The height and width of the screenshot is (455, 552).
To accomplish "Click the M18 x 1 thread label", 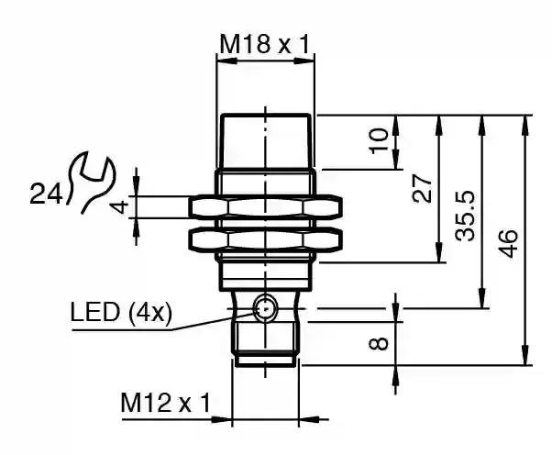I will tap(265, 43).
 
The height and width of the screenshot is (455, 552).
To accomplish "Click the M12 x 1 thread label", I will tap(166, 402).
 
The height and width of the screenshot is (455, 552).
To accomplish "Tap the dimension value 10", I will tap(378, 141).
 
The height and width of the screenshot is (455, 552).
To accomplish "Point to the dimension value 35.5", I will tap(464, 216).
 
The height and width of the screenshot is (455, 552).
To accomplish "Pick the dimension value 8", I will tap(378, 345).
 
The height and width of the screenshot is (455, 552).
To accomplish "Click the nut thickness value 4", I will tap(117, 207).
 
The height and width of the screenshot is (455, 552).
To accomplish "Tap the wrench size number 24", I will tap(46, 194).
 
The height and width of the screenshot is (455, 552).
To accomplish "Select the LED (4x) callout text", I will tap(121, 313).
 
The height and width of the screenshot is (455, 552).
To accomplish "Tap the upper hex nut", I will tap(265, 207).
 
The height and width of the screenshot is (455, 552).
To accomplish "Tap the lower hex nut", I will tap(265, 241).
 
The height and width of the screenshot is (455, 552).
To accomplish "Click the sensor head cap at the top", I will tap(265, 142).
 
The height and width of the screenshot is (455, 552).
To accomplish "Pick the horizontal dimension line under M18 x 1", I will tap(265, 61).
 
